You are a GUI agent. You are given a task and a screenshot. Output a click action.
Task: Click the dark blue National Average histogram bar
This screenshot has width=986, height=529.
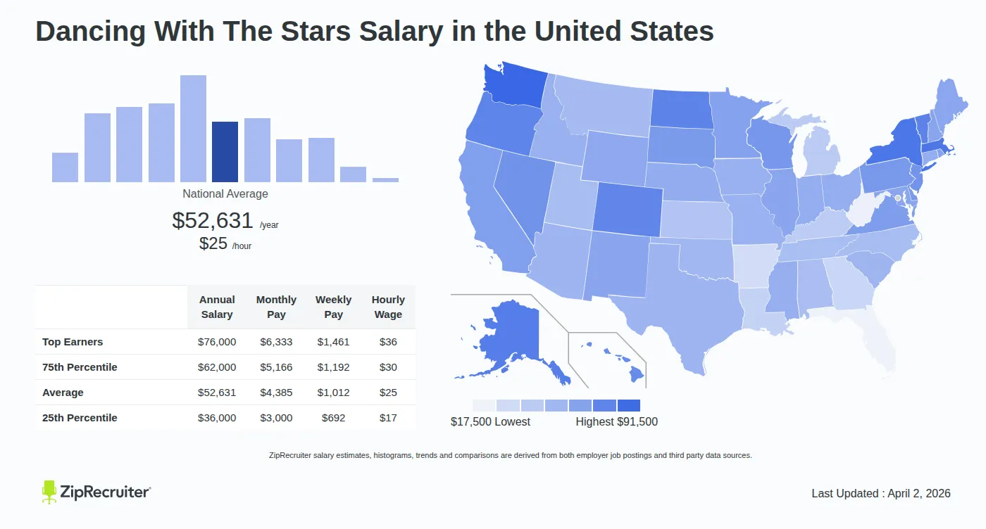pyautogui.click(x=225, y=152)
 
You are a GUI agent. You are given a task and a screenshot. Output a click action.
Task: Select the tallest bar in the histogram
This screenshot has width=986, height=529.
pyautogui.click(x=193, y=129)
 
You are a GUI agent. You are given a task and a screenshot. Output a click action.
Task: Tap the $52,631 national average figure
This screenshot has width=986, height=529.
pyautogui.click(x=212, y=220)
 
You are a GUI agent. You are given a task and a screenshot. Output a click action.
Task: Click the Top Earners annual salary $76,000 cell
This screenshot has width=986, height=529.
pyautogui.click(x=217, y=342)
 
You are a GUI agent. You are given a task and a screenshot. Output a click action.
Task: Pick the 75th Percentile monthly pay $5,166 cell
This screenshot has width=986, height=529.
pyautogui.click(x=276, y=367)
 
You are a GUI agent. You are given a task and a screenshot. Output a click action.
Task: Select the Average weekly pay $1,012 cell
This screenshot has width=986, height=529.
pyautogui.click(x=333, y=393)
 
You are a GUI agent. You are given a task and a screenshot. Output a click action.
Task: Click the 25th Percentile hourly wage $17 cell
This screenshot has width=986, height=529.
pyautogui.click(x=388, y=418)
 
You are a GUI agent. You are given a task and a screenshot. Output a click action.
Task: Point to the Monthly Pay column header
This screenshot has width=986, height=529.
pyautogui.click(x=276, y=307)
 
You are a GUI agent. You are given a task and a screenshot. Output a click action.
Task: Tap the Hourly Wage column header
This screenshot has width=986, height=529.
pyautogui.click(x=388, y=307)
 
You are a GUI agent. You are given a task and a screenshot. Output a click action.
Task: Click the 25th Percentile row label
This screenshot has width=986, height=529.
pyautogui.click(x=80, y=418)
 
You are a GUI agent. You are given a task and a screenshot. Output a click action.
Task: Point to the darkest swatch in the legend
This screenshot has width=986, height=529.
pyautogui.click(x=629, y=405)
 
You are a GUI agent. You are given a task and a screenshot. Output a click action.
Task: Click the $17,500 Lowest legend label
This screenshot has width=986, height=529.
pyautogui.click(x=490, y=421)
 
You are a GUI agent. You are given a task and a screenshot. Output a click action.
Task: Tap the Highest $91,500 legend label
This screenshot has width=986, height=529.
pyautogui.click(x=616, y=421)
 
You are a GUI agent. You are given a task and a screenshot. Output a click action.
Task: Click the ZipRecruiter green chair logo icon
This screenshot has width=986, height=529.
pyautogui.click(x=49, y=492)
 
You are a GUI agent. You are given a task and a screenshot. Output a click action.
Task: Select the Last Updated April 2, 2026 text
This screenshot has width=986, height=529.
pyautogui.click(x=880, y=493)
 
